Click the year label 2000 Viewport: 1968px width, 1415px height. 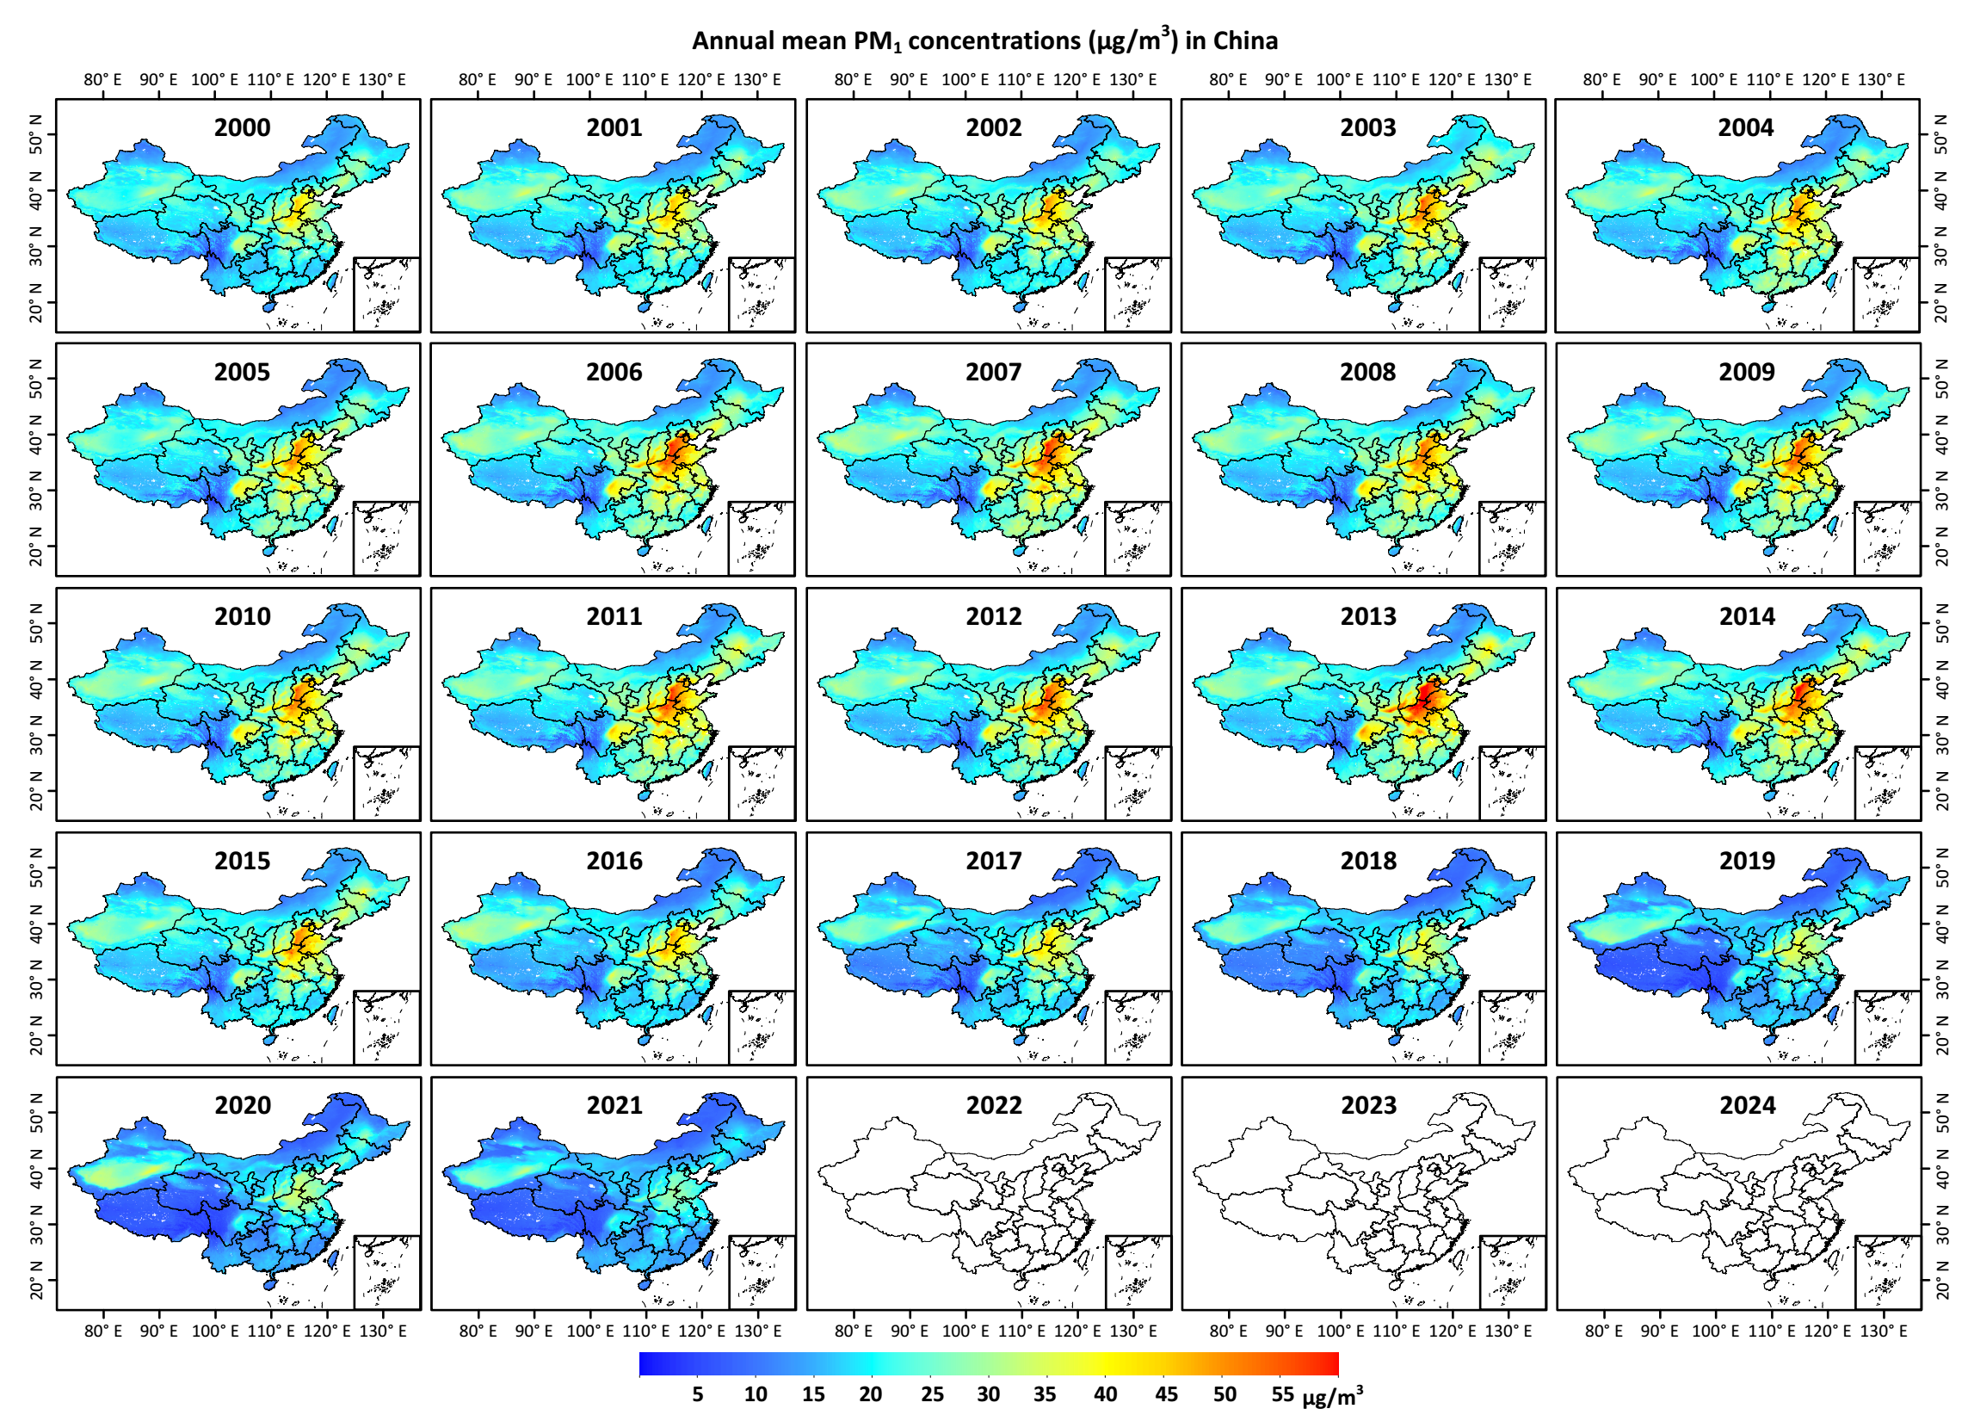(242, 127)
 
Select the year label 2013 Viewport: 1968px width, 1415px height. (1367, 616)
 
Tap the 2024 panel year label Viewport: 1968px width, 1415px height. (1747, 1105)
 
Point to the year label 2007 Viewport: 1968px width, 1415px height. (994, 373)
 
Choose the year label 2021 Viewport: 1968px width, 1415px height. (614, 1105)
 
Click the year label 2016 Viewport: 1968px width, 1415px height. (614, 862)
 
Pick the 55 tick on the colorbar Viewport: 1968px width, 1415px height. (1282, 1394)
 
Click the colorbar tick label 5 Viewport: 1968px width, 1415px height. (698, 1394)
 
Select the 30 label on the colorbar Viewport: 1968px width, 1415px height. (989, 1394)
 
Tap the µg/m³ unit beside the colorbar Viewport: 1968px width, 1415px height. (1332, 1396)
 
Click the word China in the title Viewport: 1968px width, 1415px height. (1245, 40)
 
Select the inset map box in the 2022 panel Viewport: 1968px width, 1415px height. (1138, 1272)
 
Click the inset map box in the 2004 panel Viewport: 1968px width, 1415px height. (1886, 294)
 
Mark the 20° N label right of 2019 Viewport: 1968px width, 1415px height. (1942, 1037)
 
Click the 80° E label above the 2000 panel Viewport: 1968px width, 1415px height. (103, 80)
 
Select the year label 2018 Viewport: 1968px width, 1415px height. (1367, 862)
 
